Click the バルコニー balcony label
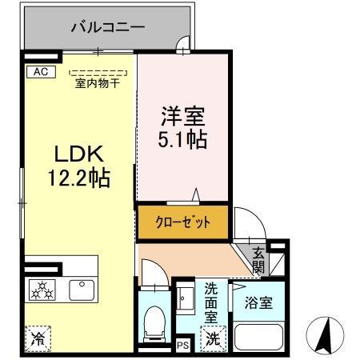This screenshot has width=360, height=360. tap(107, 27)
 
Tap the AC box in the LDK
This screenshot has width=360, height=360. tap(39, 71)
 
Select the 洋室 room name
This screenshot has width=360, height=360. tap(182, 116)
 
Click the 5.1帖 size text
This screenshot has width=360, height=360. tap(182, 140)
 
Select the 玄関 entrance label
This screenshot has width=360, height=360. tap(258, 260)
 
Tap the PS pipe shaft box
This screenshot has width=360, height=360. tap(182, 346)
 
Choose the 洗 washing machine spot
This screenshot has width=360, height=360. tap(212, 338)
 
